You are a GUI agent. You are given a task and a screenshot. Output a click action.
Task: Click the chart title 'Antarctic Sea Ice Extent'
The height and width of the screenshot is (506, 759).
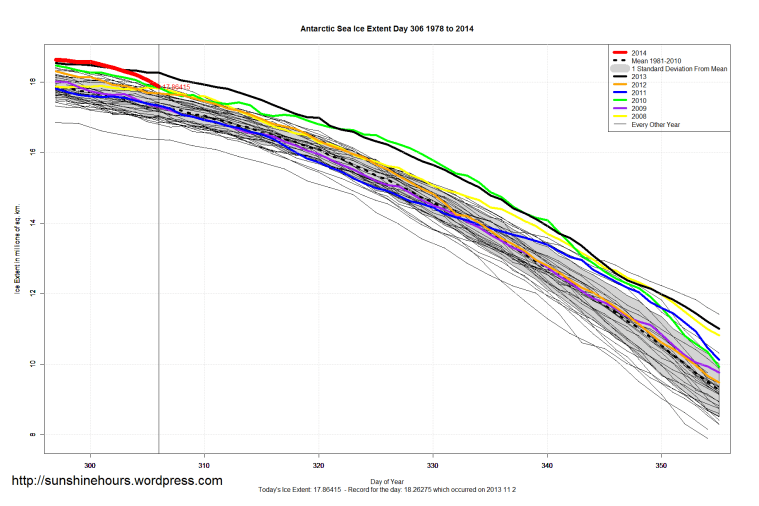pos(387,29)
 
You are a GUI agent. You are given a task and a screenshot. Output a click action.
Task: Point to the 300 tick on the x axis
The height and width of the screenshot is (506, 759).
pos(90,465)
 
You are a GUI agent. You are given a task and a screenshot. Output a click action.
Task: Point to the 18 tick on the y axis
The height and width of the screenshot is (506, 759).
pos(33,82)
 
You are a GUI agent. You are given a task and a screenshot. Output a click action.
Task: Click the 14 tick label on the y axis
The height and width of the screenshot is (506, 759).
pos(33,223)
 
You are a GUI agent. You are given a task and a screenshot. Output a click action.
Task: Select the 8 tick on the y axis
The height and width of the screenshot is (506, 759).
pos(35,435)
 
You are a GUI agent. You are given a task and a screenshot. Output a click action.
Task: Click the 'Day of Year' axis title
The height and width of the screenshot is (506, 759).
pos(387,480)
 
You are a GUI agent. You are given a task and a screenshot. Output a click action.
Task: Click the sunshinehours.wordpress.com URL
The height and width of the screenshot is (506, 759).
pos(116,481)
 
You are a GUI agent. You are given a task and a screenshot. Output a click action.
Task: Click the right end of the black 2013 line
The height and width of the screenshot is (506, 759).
pos(719,328)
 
